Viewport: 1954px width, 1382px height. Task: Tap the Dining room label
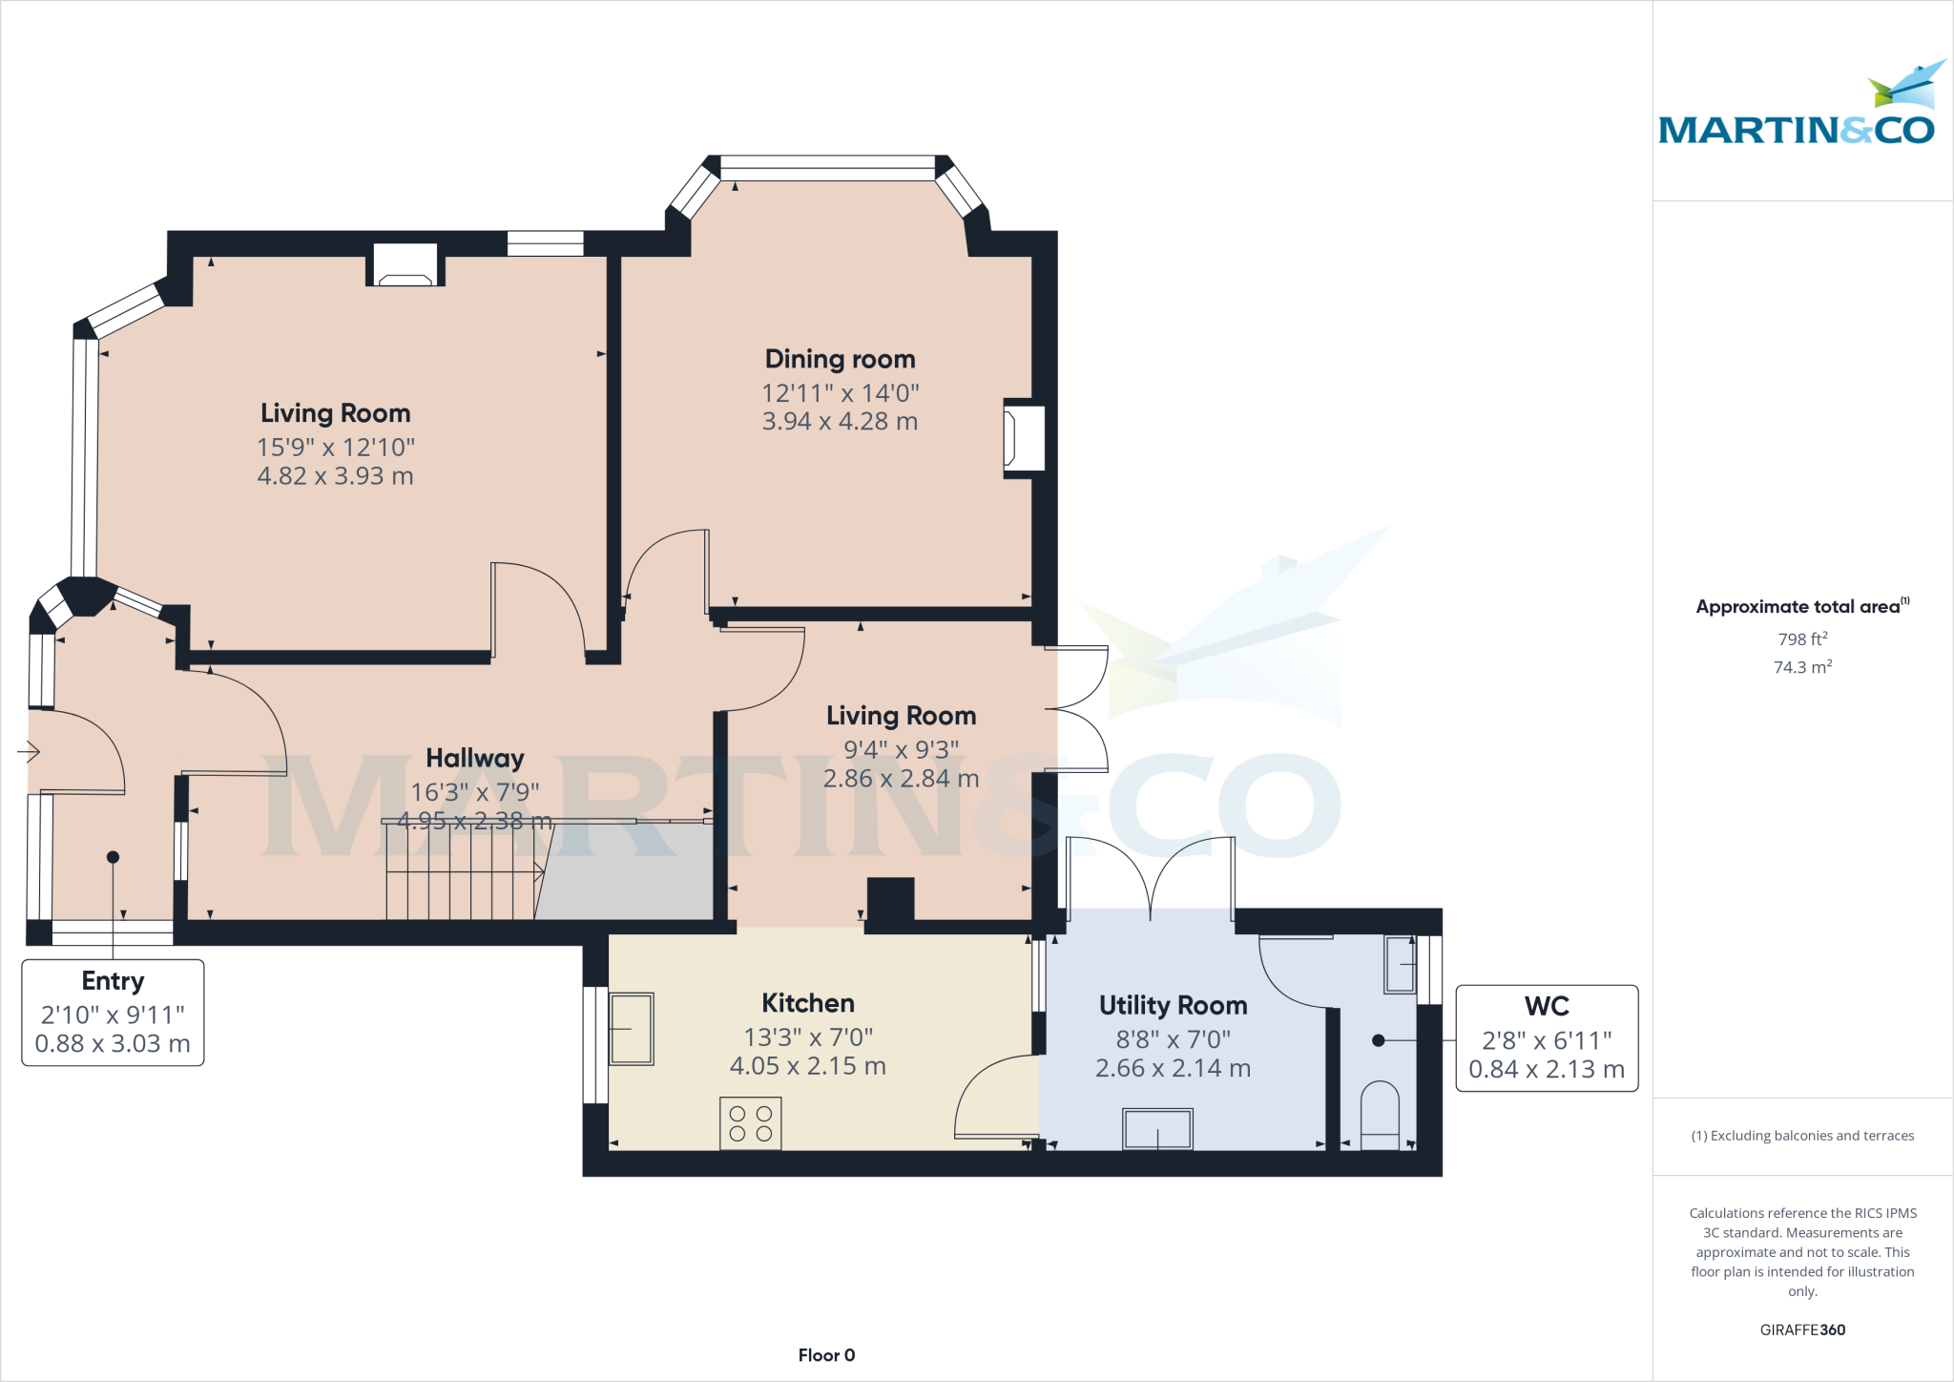(x=840, y=359)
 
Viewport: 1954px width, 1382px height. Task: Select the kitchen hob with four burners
(x=750, y=1123)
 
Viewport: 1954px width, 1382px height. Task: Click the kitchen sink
(x=631, y=1028)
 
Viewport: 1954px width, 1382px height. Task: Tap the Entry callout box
(x=113, y=1012)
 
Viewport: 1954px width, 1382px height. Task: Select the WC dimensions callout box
(x=1546, y=1038)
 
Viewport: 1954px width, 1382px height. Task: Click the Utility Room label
(x=1173, y=1005)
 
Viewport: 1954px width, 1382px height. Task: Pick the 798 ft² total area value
(x=1801, y=639)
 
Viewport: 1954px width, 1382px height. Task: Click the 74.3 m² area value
(x=1801, y=667)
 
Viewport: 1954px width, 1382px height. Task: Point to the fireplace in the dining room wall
(x=1023, y=438)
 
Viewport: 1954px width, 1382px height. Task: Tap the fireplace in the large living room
(x=405, y=266)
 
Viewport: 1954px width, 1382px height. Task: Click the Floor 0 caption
(x=826, y=1355)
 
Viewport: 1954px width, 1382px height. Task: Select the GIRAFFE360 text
(x=1801, y=1330)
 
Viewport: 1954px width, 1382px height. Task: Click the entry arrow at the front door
(x=28, y=753)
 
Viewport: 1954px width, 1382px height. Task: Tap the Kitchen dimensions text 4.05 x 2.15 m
(x=807, y=1066)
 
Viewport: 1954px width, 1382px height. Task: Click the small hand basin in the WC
(x=1400, y=964)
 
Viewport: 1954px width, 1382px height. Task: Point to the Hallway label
(x=474, y=758)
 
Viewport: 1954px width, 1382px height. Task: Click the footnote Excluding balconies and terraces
(x=1801, y=1136)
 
